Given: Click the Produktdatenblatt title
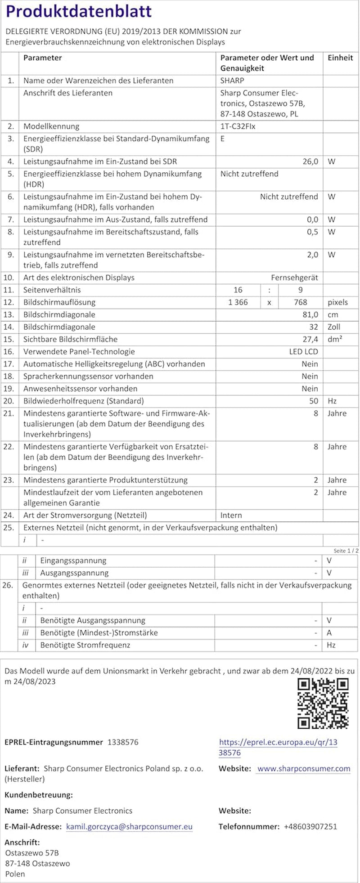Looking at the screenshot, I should coord(79,12).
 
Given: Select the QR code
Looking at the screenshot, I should coord(323,704).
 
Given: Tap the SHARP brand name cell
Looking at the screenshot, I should coord(232,81).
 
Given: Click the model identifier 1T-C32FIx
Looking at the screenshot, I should coord(238,126).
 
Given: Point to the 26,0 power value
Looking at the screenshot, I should coord(310,161).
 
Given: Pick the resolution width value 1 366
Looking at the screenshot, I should coord(238,302).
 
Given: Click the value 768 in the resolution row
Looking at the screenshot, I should coord(300,302).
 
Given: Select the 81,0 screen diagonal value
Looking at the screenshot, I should coord(310,314).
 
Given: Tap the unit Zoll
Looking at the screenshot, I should coord(334,327).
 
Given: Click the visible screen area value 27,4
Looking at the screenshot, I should coord(310,339).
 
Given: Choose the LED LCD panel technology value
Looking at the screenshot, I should coord(303,352).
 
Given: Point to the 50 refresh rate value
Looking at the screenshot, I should coord(314,401).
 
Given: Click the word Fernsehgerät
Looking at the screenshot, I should coord(294,278).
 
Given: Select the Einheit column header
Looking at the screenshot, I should coord(340,58).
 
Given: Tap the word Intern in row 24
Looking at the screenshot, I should coord(231,515).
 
